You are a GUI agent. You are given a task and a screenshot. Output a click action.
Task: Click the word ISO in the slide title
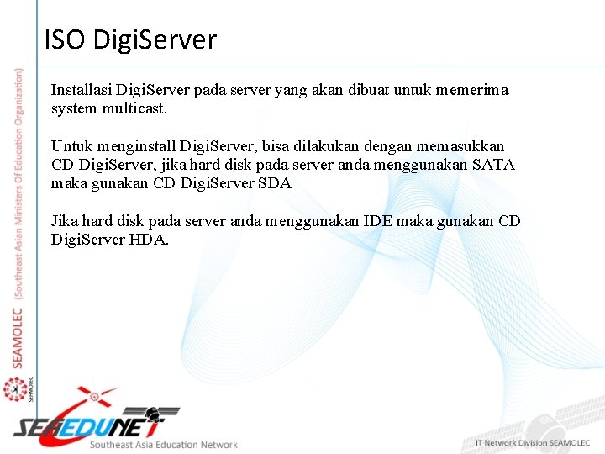65,39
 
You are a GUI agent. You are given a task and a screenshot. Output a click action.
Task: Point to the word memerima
472,89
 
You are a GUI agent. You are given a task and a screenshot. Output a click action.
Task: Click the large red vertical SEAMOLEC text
18,336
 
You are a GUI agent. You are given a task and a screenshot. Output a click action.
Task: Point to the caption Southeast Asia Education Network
164,445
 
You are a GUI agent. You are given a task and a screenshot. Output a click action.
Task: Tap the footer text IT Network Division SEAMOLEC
534,443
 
